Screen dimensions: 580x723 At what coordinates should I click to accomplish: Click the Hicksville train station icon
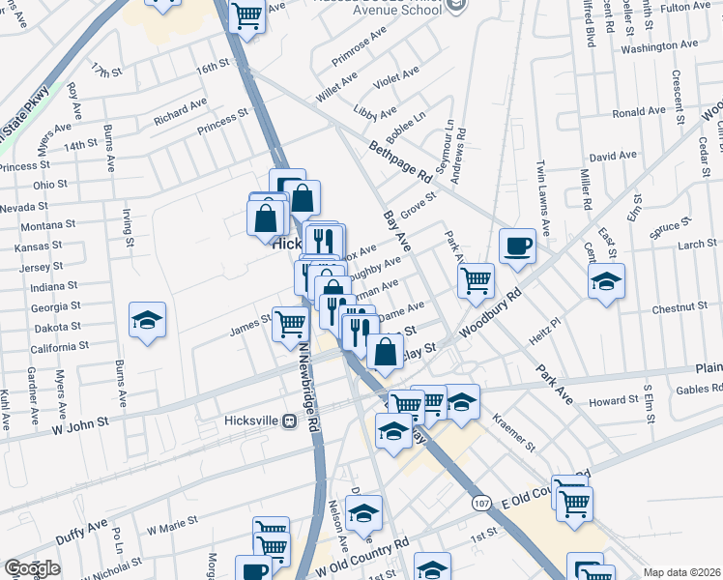(x=289, y=422)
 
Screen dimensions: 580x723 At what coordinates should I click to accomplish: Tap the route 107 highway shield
(x=480, y=503)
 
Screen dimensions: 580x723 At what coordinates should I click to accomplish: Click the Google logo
(x=32, y=568)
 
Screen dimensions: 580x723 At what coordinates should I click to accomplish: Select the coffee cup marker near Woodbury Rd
(x=517, y=246)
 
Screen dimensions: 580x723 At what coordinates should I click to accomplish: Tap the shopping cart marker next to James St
(x=290, y=325)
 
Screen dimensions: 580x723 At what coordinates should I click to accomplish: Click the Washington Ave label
(x=659, y=46)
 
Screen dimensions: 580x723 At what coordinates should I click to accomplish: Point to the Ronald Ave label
(x=639, y=112)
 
